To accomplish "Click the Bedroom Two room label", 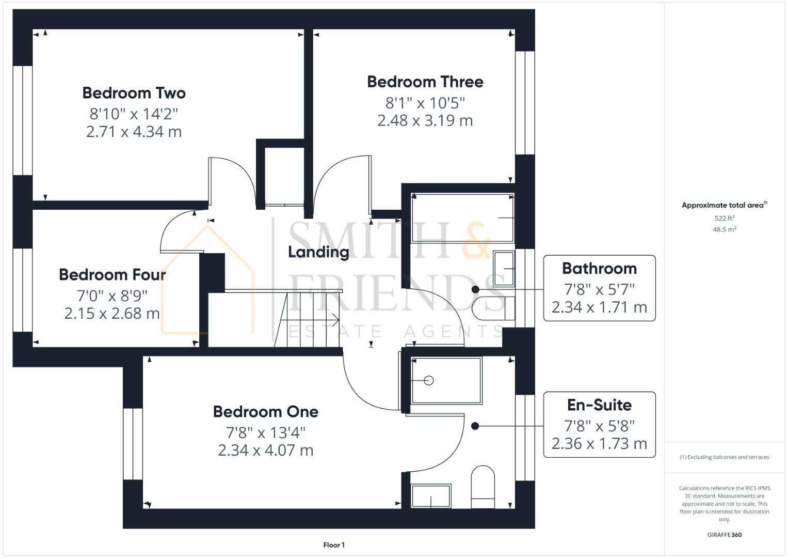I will pos(134,93).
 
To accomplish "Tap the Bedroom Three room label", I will pos(425,82).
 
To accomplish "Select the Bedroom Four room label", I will pos(112,274).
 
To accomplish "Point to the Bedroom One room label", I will pos(265,412).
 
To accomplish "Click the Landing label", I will pos(318,252).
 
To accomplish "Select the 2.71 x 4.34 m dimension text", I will pos(134,132).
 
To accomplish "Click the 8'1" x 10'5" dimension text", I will pos(425,103).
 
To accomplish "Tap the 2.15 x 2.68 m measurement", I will pos(112,314).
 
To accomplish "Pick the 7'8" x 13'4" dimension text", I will pos(265,432).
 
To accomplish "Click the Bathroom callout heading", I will pos(599,269).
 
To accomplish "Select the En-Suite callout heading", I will pos(599,405).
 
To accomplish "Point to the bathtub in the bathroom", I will pos(462,218).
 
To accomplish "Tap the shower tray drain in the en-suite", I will pos(428,381).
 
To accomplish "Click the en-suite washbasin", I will pos(431,497).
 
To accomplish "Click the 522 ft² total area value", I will pos(724,219).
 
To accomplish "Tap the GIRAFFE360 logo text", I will pos(724,535).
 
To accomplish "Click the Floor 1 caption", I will pos(334,545).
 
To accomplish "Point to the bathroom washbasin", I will pos(504,269).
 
